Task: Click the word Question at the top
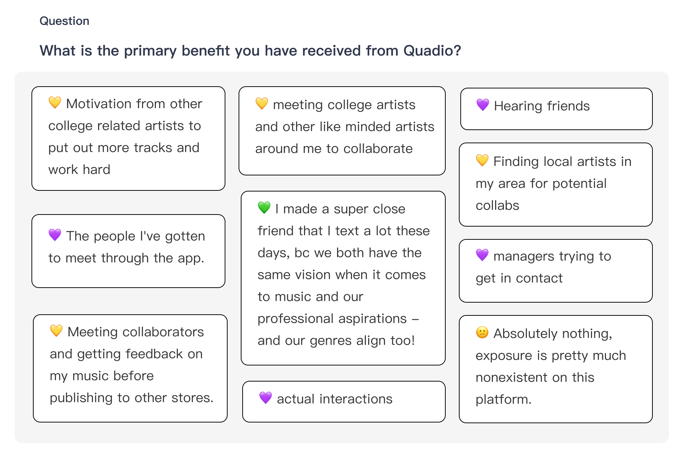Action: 64,21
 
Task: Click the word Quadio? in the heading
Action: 432,50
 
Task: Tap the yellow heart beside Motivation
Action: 55,103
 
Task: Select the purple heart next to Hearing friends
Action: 483,105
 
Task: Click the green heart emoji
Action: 264,208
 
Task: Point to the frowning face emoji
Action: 482,332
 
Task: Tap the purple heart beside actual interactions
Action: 266,398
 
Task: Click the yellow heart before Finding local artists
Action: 482,160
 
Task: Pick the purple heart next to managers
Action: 482,255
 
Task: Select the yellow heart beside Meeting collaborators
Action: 56,331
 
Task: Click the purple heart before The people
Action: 55,235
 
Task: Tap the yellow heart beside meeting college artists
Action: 262,103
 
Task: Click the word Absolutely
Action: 526,333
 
